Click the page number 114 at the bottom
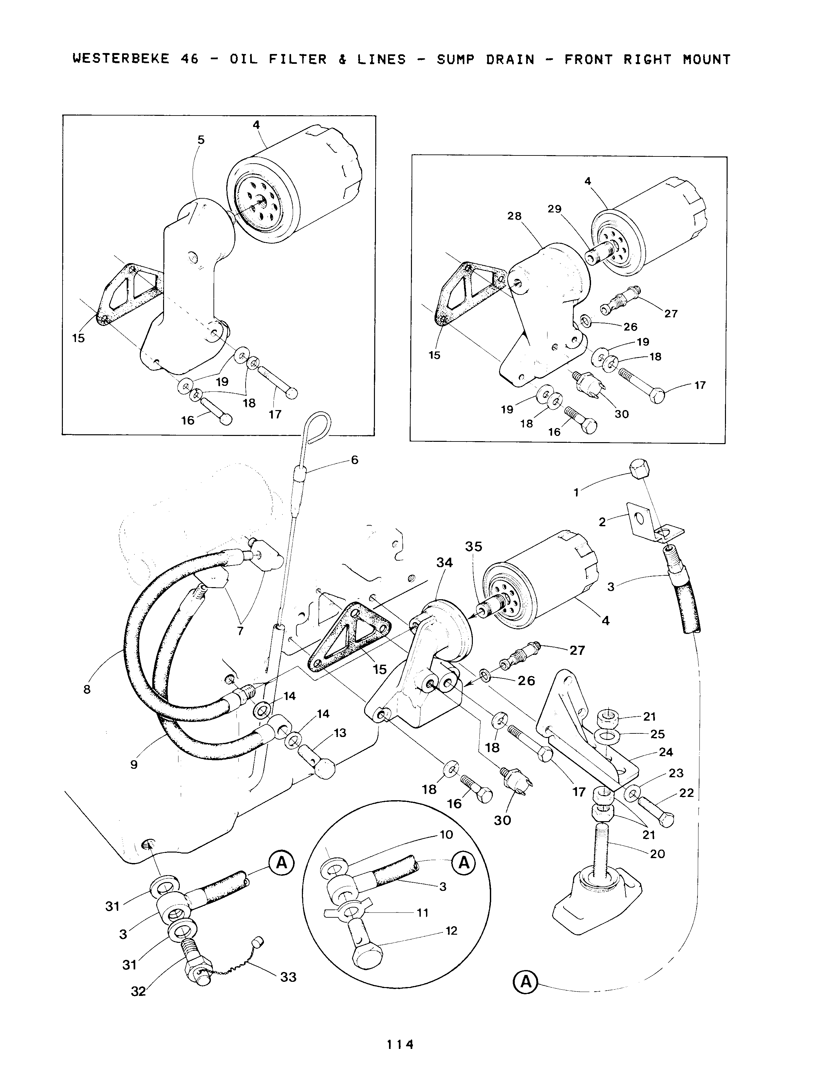click(400, 1044)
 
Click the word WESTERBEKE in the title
click(121, 59)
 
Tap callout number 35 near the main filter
click(473, 547)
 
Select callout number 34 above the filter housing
click(444, 562)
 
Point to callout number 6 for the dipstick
click(355, 460)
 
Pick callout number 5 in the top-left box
click(201, 140)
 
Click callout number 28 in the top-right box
click(514, 216)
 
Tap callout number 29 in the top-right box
click(554, 209)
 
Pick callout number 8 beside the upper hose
click(87, 689)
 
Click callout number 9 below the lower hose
click(134, 765)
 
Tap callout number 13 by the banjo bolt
click(340, 733)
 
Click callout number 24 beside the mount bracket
click(666, 752)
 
